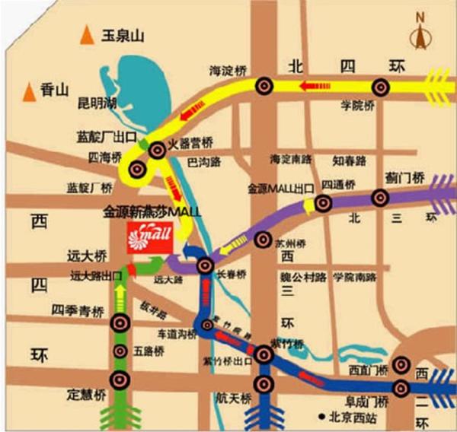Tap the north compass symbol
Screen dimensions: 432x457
(420, 34)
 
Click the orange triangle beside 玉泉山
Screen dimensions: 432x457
(89, 35)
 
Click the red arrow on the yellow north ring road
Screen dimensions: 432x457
(309, 85)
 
